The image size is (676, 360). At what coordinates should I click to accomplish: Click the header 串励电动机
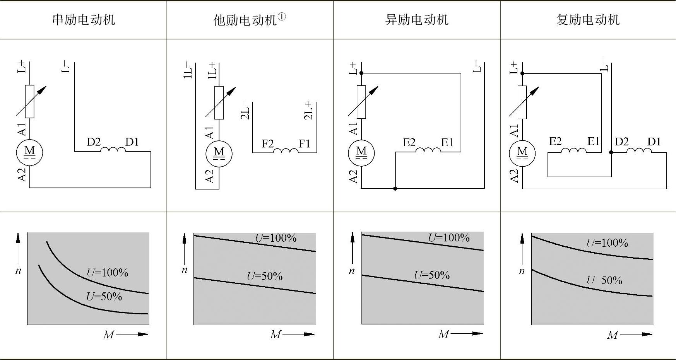(84, 20)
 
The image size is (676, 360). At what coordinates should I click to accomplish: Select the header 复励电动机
(588, 20)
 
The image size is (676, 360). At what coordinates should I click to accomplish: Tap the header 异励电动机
(417, 20)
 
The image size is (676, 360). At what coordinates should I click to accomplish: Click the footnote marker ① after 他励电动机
(282, 17)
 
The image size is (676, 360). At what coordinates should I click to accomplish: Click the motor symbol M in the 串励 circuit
(29, 152)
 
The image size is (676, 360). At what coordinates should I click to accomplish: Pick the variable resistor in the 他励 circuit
(219, 102)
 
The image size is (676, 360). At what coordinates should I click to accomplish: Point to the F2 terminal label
(267, 144)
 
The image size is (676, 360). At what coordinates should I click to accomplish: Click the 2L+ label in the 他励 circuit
(308, 111)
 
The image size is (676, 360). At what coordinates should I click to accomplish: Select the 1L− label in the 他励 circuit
(188, 70)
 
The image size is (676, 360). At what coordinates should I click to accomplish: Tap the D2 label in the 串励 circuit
(94, 142)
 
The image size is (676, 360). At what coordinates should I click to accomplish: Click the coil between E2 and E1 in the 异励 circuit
(428, 150)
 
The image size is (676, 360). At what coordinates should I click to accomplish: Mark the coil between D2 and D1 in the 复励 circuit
(639, 150)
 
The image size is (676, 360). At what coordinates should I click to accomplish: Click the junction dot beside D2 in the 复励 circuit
(611, 152)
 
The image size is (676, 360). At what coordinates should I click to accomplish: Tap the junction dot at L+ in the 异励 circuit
(361, 73)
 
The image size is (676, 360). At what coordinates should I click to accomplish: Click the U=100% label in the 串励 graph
(107, 273)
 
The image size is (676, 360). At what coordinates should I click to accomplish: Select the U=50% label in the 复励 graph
(604, 280)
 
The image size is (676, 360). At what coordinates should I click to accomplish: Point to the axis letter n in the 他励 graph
(185, 270)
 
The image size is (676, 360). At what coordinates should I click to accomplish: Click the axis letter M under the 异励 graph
(443, 334)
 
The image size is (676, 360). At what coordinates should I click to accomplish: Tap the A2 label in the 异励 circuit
(353, 176)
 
